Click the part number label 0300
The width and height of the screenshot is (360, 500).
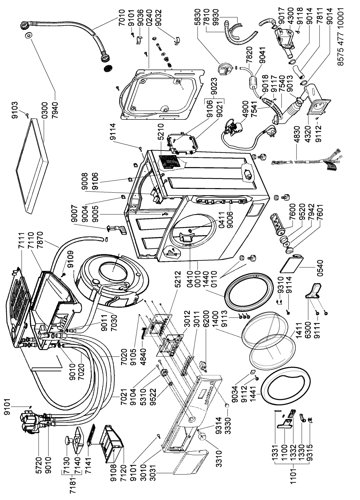coord(44,110)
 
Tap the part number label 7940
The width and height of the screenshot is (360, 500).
coord(54,110)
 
